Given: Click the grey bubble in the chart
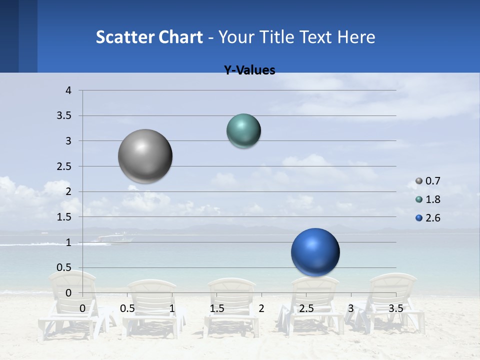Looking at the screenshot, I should tap(145, 156).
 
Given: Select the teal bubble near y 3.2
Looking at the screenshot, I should tap(243, 131).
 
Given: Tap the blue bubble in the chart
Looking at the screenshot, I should tap(315, 252).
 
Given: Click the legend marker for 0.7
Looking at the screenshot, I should tap(419, 181).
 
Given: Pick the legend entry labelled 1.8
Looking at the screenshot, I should tap(432, 199).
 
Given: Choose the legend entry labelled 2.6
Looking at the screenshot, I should tap(432, 218).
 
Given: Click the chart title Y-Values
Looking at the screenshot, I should tap(249, 70).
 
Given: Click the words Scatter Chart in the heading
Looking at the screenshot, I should tap(149, 37).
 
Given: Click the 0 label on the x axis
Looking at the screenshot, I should tap(82, 308).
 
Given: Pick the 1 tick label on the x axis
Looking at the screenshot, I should tap(172, 308).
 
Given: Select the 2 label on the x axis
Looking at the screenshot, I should tap(261, 308).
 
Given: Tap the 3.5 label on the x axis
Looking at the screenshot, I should tap(396, 308).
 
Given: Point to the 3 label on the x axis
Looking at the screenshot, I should tap(351, 308).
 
